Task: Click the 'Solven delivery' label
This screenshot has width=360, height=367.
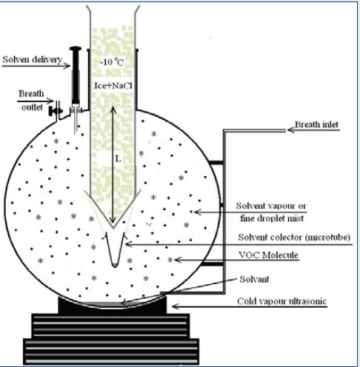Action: (x=32, y=59)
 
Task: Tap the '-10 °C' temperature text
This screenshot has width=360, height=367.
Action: (x=112, y=62)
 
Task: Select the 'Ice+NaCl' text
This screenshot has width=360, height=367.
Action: (x=113, y=86)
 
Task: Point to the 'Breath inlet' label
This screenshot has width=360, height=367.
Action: (x=316, y=124)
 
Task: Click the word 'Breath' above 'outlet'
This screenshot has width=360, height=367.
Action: (x=31, y=94)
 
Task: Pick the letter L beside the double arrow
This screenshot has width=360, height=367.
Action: (x=119, y=159)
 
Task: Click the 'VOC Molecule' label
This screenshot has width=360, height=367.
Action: (x=268, y=255)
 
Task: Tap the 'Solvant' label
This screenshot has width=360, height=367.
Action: (x=254, y=279)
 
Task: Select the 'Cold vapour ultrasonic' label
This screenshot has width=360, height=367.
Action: (x=281, y=301)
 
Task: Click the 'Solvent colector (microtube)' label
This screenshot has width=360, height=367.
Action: (x=294, y=238)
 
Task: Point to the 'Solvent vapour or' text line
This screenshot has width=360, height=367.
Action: (x=271, y=206)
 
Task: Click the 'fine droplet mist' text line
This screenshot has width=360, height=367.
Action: (x=272, y=218)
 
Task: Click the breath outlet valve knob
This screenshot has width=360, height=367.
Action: (x=52, y=111)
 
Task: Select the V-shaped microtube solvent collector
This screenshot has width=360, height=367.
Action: (x=115, y=249)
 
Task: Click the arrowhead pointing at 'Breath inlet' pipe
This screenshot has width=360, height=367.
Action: (x=291, y=130)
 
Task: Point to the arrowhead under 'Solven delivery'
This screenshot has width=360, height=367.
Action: (x=67, y=66)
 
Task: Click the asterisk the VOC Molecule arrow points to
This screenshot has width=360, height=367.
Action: (x=170, y=260)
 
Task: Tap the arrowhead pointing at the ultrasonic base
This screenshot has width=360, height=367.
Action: (x=176, y=306)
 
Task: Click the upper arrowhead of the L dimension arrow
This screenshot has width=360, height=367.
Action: (x=113, y=110)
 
